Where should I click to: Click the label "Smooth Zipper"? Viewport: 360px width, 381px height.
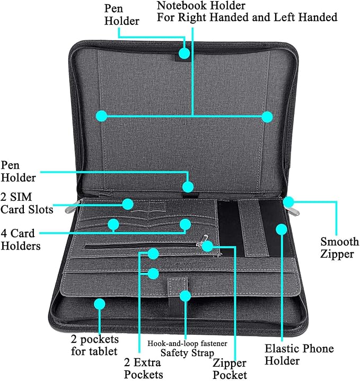pyautogui.click(x=339, y=247)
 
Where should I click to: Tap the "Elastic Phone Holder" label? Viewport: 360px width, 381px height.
pyautogui.click(x=299, y=355)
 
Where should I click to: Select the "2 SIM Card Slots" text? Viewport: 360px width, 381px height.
pyautogui.click(x=27, y=203)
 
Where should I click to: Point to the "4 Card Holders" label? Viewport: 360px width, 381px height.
pyautogui.click(x=21, y=240)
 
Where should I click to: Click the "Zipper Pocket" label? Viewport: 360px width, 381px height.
pyautogui.click(x=230, y=369)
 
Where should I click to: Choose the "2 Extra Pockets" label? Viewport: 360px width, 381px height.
pyautogui.click(x=143, y=368)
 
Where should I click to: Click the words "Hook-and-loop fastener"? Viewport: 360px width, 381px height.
pyautogui.click(x=187, y=343)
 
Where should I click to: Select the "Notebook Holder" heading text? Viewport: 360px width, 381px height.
pyautogui.click(x=201, y=6)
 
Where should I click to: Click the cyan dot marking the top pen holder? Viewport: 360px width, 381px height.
pyautogui.click(x=185, y=53)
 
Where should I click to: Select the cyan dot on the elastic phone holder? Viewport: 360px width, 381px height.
pyautogui.click(x=282, y=229)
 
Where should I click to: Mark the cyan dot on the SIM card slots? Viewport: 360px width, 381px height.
pyautogui.click(x=128, y=204)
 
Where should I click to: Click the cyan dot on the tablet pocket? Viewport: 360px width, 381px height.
pyautogui.click(x=100, y=304)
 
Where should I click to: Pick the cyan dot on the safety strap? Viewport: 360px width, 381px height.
pyautogui.click(x=185, y=296)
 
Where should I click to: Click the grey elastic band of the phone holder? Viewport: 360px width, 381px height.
pyautogui.click(x=253, y=228)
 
